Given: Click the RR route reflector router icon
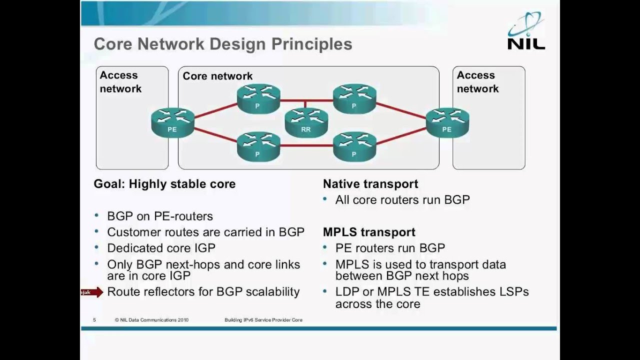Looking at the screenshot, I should pyautogui.click(x=306, y=123).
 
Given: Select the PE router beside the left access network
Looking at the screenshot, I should pyautogui.click(x=172, y=122).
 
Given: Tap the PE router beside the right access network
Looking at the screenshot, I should pyautogui.click(x=447, y=122).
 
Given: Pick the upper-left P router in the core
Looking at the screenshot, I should pyautogui.click(x=258, y=99).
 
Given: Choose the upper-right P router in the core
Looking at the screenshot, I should pyautogui.click(x=354, y=99).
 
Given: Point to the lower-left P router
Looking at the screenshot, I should pyautogui.click(x=258, y=147).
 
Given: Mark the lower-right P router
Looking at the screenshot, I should pyautogui.click(x=354, y=147).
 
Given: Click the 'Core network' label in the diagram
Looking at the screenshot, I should pyautogui.click(x=217, y=76).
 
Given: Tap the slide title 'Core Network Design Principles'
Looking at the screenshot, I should pyautogui.click(x=223, y=44).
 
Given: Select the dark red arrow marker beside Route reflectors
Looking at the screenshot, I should pyautogui.click(x=92, y=292).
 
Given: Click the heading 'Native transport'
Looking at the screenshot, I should pyautogui.click(x=370, y=184).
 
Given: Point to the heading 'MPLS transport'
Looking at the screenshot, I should pyautogui.click(x=369, y=232).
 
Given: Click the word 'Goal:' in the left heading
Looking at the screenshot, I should pyautogui.click(x=109, y=184).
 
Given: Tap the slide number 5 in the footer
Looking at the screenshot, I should pyautogui.click(x=94, y=320).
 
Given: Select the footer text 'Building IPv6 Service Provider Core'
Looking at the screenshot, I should pyautogui.click(x=263, y=320).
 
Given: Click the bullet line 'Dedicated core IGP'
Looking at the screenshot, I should pyautogui.click(x=161, y=248).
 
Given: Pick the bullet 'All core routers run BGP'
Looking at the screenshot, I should pyautogui.click(x=402, y=200).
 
